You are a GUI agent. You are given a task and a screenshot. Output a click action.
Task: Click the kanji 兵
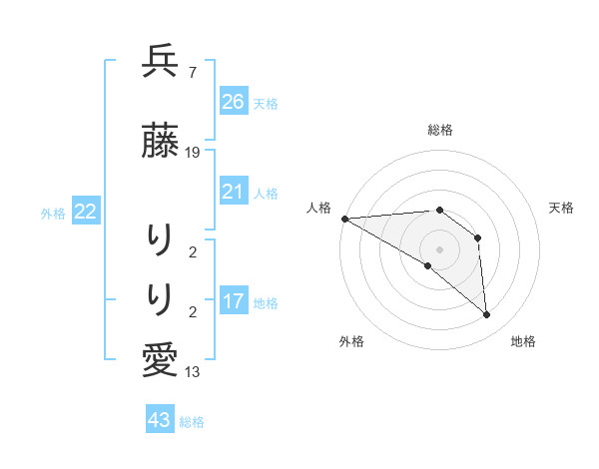coord(160,62)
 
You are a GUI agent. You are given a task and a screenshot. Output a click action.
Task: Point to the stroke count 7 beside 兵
coord(192,73)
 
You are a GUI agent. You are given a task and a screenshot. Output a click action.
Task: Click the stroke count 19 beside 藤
coord(193,153)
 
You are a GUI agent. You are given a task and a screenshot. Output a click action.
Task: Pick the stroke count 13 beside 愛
coord(193,373)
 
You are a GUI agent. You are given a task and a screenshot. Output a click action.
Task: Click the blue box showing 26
coord(234,101)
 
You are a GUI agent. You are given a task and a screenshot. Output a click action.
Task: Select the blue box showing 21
coord(234,192)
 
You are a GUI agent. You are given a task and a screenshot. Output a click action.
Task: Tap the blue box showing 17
coord(234,301)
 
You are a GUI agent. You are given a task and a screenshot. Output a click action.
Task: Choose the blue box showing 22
coord(86,212)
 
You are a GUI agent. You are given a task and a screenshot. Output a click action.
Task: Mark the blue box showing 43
coord(160,420)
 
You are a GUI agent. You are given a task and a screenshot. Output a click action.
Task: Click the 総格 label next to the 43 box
coord(192,422)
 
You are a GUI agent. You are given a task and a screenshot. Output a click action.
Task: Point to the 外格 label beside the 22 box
coord(53,214)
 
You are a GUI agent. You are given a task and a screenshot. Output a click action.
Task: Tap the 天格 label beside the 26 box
coord(266,103)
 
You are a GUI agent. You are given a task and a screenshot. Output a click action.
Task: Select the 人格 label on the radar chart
coord(318,208)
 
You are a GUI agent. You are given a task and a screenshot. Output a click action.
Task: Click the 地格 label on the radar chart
coord(523,342)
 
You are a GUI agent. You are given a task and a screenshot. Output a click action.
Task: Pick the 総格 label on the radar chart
coord(439,130)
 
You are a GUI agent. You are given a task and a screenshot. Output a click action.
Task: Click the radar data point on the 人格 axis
coord(344,219)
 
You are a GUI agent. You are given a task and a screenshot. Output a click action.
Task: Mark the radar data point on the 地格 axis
coord(487,315)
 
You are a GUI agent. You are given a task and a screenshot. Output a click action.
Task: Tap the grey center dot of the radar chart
coord(439,248)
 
